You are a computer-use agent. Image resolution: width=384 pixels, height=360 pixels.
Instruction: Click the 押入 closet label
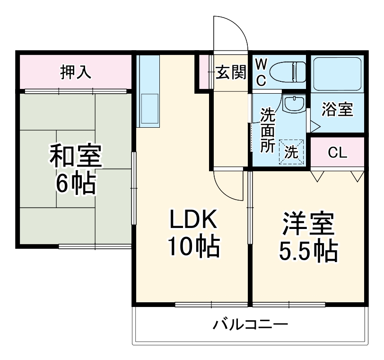[x=76, y=72]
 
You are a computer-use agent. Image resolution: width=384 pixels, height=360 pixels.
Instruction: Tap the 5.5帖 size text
[x=308, y=251]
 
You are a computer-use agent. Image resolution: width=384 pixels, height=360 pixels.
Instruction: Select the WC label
[x=261, y=72]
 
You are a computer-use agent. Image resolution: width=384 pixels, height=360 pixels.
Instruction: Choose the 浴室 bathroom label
[x=337, y=110]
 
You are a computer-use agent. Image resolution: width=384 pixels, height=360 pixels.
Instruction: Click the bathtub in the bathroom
[x=337, y=73]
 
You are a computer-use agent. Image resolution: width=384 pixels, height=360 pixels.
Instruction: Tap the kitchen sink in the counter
[x=148, y=109]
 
